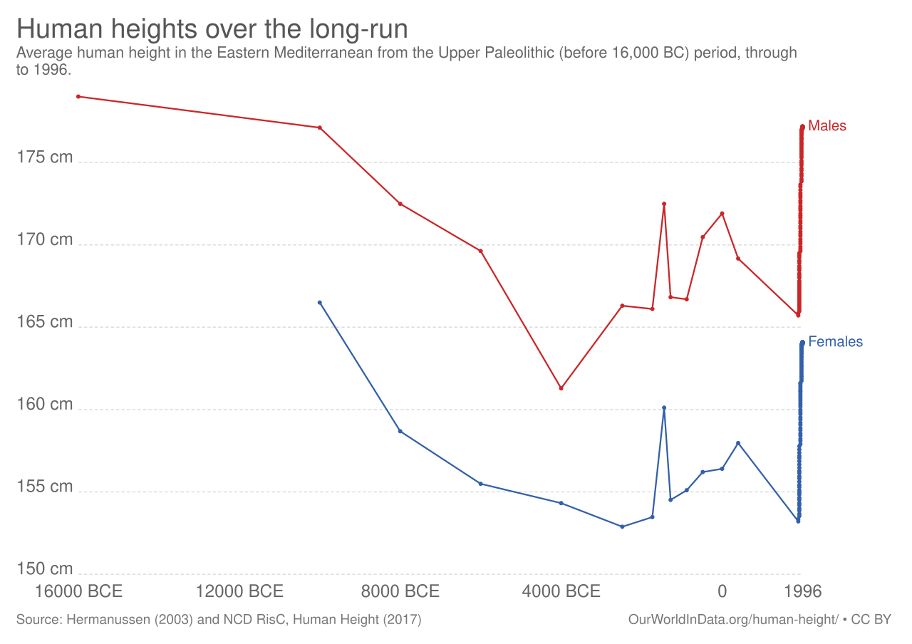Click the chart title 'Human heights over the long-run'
[x=212, y=30]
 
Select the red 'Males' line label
[x=827, y=126]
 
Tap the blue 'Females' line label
[x=835, y=342]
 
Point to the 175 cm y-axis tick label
[x=45, y=157]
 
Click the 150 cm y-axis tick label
[x=45, y=569]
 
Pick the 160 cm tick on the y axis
[x=45, y=405]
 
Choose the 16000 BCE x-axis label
[x=78, y=591]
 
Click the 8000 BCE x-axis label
[x=400, y=591]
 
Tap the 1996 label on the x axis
[x=802, y=591]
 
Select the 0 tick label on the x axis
[x=722, y=591]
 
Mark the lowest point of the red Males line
[x=561, y=388]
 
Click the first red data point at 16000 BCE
[x=78, y=96]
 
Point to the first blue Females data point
[x=320, y=302]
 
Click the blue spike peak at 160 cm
[x=664, y=407]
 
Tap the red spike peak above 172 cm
[x=664, y=204]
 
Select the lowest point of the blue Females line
[x=622, y=526]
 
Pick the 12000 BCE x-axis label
[x=240, y=591]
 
